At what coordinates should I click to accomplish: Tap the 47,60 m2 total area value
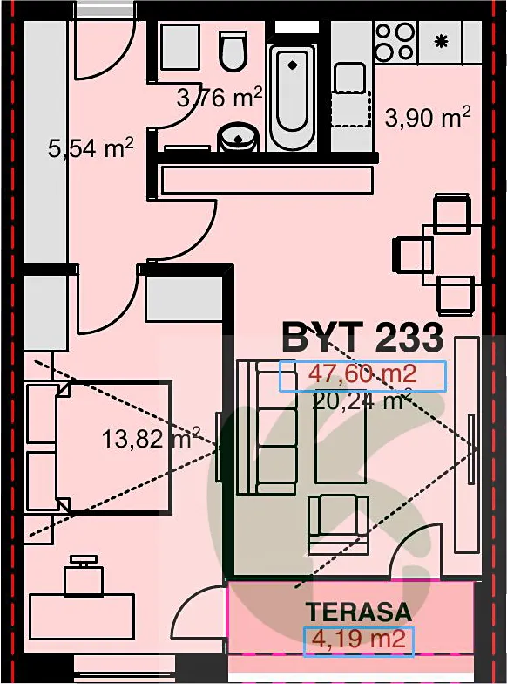362,373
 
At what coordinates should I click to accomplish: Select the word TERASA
358,612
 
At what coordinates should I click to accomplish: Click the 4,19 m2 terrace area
359,639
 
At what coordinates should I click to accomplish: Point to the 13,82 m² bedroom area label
151,438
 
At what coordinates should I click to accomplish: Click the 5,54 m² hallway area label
91,148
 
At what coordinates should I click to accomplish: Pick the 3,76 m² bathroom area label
220,97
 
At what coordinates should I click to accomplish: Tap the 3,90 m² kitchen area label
427,117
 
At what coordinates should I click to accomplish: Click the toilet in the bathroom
233,51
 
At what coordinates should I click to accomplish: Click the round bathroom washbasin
239,137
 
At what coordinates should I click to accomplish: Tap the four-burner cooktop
395,42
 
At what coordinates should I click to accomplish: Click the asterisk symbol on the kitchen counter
441,42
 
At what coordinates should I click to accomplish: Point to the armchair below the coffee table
339,525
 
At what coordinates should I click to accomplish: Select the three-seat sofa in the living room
267,427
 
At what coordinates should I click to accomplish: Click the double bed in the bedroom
99,447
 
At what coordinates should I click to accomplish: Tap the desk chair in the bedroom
84,576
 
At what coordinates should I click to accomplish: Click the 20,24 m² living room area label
362,401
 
